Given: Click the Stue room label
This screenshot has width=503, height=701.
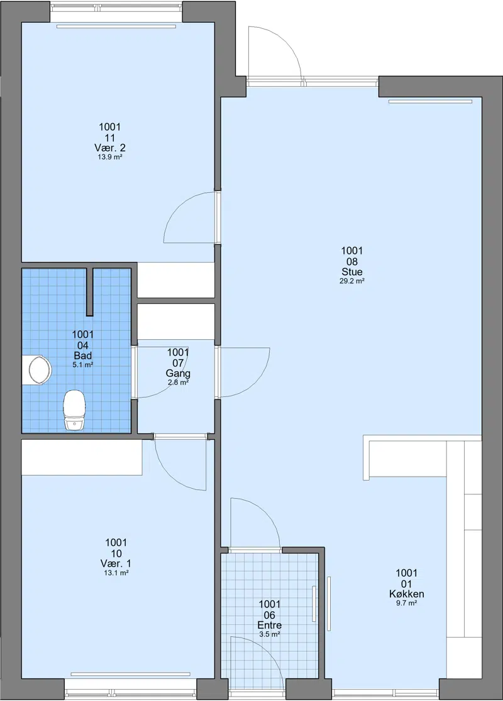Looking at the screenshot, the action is coord(352,272).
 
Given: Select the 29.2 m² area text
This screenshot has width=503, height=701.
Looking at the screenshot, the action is coord(352,281).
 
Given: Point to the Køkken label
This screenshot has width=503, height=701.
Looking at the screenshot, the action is coord(407,594).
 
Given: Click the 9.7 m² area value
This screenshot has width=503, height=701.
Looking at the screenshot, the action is coord(407,603).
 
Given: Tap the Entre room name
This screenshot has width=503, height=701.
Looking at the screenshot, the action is coord(269,625).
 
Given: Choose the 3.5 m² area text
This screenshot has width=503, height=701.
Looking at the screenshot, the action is coord(269,634).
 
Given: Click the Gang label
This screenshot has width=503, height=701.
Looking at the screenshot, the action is coord(178,373).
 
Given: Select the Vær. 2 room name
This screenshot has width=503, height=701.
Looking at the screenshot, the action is coord(109,148).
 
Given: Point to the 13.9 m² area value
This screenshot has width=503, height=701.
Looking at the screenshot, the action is coord(110,158).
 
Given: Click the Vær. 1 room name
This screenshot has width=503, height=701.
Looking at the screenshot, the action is coord(116,563).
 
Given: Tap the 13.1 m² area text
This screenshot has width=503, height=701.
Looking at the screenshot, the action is coord(116,573).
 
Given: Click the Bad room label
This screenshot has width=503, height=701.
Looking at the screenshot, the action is coord(83,356).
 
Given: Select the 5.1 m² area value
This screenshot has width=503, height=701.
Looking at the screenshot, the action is coord(83,365).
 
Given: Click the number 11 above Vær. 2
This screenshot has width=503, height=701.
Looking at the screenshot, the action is coord(109,138).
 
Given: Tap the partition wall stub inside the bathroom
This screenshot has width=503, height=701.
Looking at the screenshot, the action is coord(90,291).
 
